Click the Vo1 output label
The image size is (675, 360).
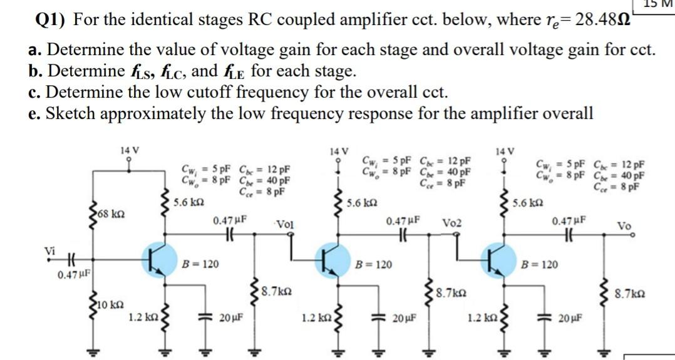(285, 224)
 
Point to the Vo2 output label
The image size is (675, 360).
(452, 223)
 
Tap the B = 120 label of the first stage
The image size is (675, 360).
(200, 265)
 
